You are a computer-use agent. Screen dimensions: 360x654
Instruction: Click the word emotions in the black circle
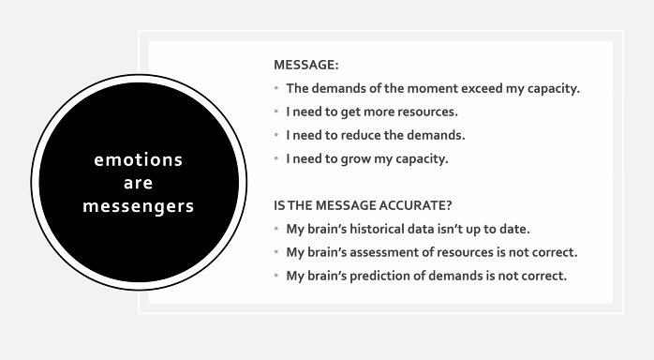pyautogui.click(x=139, y=159)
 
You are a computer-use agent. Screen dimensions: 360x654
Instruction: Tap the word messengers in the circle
pyautogui.click(x=139, y=205)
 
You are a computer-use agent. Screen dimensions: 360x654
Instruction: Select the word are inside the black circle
pyautogui.click(x=139, y=183)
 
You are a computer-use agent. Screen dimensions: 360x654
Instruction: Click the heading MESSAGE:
pyautogui.click(x=306, y=66)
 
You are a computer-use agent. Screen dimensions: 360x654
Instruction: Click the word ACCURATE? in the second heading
pyautogui.click(x=422, y=205)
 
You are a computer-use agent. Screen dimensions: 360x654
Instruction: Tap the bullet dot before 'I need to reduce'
pyautogui.click(x=277, y=135)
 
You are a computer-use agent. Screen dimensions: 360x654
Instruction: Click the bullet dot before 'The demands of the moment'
pyautogui.click(x=277, y=89)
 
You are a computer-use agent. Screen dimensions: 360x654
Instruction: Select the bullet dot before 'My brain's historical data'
pyautogui.click(x=277, y=229)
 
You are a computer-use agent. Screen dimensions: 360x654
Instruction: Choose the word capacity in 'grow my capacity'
pyautogui.click(x=423, y=158)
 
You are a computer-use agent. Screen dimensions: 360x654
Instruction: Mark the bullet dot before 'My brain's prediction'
pyautogui.click(x=277, y=276)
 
